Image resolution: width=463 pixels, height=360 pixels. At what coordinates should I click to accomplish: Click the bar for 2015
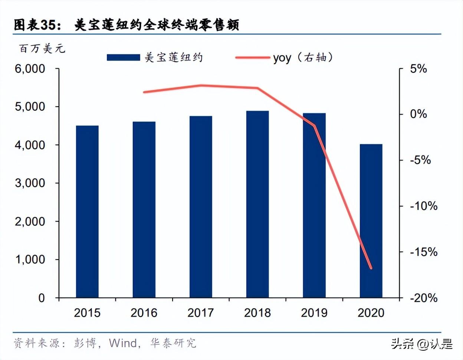(87, 212)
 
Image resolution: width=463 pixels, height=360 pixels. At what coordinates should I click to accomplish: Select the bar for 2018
(257, 204)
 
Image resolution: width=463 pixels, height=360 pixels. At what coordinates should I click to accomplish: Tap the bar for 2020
(371, 221)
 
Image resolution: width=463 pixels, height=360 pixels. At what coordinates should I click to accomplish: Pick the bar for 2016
(144, 210)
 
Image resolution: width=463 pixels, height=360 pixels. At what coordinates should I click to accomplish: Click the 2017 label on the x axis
(201, 313)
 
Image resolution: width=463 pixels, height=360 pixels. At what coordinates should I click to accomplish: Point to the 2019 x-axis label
(314, 313)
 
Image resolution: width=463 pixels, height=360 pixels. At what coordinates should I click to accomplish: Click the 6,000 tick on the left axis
(30, 69)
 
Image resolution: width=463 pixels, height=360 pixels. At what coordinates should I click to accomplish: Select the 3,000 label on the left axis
(30, 183)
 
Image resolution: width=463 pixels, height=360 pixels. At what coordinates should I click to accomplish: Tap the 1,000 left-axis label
(30, 259)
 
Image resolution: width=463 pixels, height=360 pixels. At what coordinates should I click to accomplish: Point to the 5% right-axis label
(418, 69)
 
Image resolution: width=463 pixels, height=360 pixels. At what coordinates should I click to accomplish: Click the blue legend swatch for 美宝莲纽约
(123, 58)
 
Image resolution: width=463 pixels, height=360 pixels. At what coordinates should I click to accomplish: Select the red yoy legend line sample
(253, 58)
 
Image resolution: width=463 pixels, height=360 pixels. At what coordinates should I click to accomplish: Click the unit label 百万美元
(42, 49)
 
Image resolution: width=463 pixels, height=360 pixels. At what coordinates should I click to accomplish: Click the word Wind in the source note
(123, 343)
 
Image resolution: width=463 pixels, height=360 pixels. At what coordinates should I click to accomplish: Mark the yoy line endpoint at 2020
(371, 268)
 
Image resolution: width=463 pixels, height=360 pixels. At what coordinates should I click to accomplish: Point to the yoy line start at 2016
(144, 92)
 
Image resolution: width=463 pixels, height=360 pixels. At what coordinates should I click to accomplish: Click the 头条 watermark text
(402, 344)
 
